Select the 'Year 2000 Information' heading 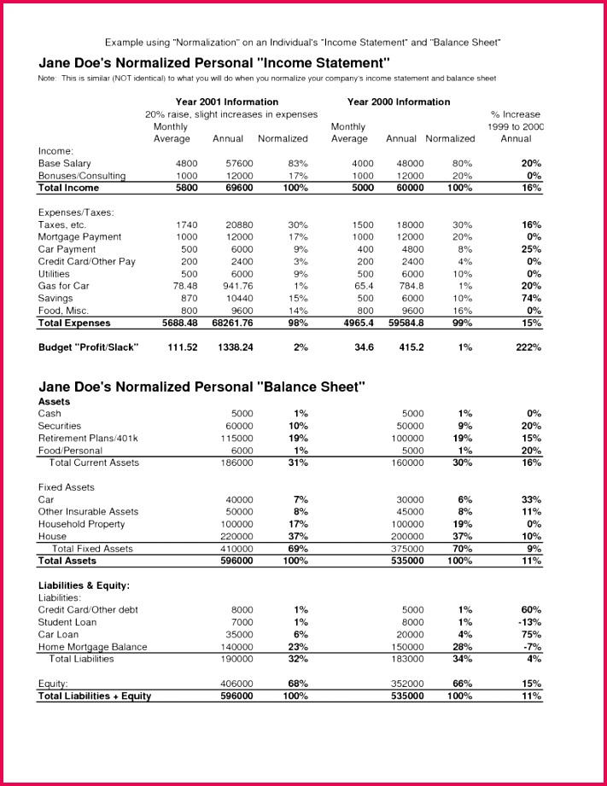[x=399, y=102]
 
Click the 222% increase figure [x=528, y=347]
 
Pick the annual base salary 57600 [x=239, y=163]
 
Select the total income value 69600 [x=239, y=188]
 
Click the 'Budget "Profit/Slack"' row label [x=88, y=347]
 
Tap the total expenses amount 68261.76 [x=231, y=323]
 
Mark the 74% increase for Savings [x=531, y=299]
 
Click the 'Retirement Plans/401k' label [x=87, y=438]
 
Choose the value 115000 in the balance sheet [x=238, y=438]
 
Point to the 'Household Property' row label [x=81, y=524]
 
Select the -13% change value [x=529, y=622]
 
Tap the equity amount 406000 [x=238, y=684]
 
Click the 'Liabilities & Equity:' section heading [x=84, y=585]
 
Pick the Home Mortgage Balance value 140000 [x=238, y=647]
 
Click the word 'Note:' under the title [x=49, y=79]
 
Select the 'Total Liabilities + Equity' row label [x=94, y=696]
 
